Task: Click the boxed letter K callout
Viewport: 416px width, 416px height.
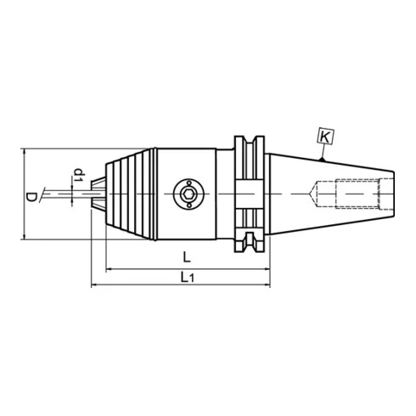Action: click(x=325, y=138)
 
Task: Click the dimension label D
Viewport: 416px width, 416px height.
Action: click(x=31, y=197)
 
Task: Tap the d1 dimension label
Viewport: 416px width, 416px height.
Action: click(x=79, y=175)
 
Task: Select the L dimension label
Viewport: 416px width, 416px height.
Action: click(x=187, y=257)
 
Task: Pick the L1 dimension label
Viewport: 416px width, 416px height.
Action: click(x=187, y=277)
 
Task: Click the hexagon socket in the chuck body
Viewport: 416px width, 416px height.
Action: click(x=188, y=194)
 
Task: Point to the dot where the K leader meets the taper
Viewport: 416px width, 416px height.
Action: click(x=321, y=160)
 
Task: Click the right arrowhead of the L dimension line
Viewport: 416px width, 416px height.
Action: click(x=267, y=269)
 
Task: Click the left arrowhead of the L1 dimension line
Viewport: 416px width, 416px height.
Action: click(x=95, y=284)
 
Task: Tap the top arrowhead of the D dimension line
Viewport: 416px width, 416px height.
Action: click(x=25, y=152)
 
